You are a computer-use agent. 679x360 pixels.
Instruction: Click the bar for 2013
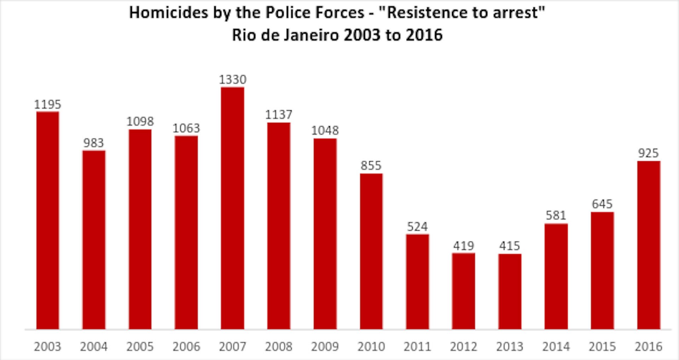[510, 291]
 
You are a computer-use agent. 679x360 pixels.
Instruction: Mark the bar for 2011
[417, 281]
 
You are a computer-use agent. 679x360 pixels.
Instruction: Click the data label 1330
[232, 80]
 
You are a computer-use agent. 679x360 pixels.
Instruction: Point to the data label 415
[510, 246]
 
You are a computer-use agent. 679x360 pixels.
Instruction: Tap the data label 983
[93, 143]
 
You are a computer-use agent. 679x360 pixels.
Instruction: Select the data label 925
[648, 153]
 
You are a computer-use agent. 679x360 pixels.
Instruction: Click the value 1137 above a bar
[279, 115]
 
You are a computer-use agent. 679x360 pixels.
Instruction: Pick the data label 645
[602, 204]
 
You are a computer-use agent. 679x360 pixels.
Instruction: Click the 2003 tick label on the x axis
[47, 347]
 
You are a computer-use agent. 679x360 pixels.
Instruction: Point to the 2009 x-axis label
[325, 347]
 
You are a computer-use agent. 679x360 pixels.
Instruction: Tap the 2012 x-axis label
[463, 347]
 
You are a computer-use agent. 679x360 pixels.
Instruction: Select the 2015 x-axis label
[602, 347]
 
